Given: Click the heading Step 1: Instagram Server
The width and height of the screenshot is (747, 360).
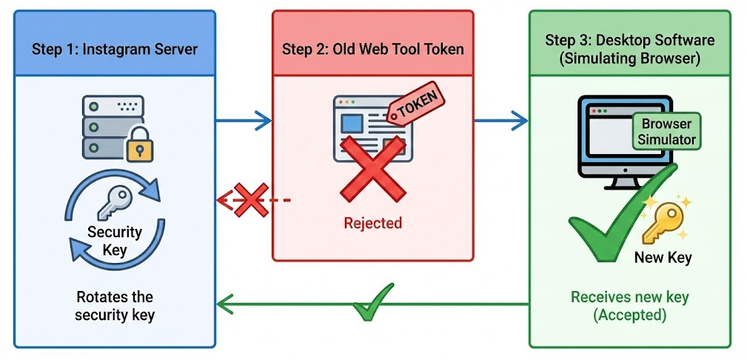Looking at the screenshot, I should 114,50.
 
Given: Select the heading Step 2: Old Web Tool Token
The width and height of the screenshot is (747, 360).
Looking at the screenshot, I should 372,50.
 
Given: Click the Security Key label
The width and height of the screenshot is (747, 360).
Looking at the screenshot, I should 114,241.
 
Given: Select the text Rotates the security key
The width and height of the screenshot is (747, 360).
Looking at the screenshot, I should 114,306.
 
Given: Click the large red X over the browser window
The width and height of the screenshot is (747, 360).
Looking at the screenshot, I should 372,173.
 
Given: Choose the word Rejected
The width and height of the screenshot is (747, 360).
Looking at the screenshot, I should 372,223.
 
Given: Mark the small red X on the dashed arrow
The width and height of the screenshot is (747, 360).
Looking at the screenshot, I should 250,200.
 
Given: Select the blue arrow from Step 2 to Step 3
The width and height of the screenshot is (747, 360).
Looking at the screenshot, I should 500,120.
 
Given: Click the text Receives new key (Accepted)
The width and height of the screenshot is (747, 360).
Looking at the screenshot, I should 629,306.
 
